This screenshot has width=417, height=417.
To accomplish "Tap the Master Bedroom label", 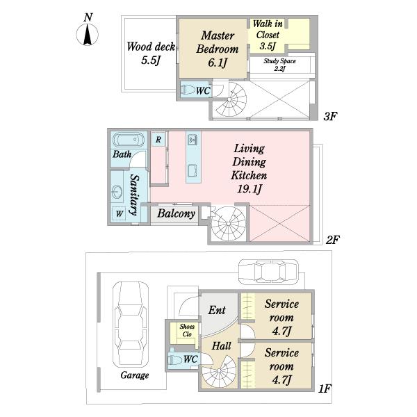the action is [218, 42].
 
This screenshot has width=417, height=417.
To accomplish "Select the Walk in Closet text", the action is [268, 29].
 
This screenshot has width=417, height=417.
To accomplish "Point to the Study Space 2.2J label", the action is [279, 65].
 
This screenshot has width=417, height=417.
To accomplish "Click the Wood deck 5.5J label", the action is [151, 54].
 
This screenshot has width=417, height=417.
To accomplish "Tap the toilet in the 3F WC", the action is [188, 90].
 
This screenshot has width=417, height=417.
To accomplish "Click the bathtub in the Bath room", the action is [129, 140].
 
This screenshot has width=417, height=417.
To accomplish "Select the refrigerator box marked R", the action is [158, 140].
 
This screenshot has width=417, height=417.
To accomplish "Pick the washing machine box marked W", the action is [119, 213].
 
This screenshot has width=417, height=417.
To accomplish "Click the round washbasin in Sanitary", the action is [117, 192].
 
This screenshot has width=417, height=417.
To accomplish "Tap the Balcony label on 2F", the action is [176, 213].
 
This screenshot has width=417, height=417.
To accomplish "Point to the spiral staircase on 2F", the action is [228, 223].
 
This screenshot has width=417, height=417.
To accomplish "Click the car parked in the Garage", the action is [131, 325].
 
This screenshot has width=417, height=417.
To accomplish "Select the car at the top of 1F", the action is [268, 272].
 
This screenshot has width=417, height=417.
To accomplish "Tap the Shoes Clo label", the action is [187, 330].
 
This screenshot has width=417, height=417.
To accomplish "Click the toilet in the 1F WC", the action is [174, 360].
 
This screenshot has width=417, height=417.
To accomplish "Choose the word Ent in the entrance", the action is [217, 310].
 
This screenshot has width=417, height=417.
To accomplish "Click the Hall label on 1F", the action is [221, 346].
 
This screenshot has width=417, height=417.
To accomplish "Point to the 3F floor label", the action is [330, 116].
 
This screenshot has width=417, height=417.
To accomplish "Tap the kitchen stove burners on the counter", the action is [192, 139].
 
